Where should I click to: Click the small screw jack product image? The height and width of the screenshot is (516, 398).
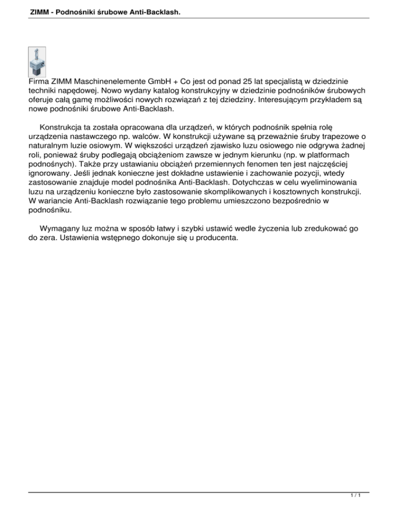37,62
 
